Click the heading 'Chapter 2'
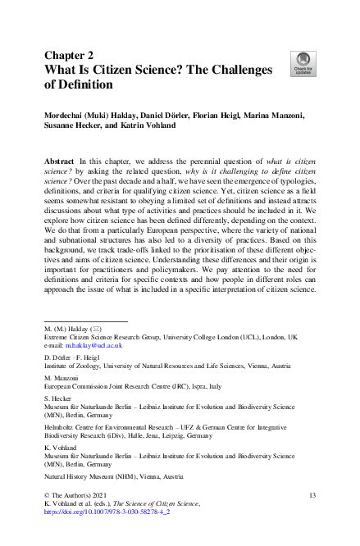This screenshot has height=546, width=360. [x=71, y=56]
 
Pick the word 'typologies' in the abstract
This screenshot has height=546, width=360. [x=294, y=185]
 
